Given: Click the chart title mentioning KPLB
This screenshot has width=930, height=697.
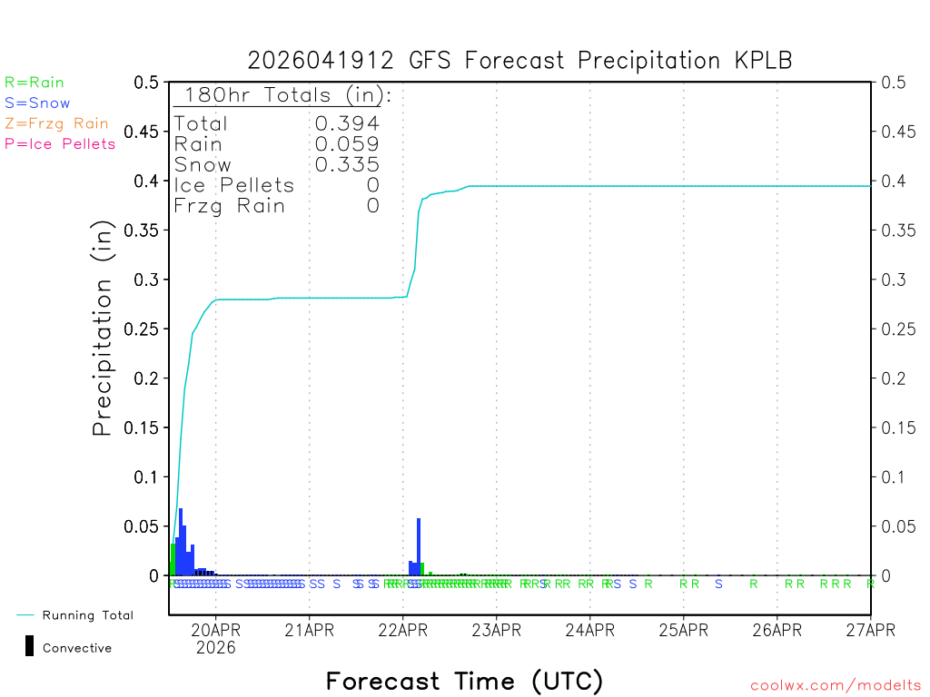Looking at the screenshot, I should (x=519, y=61).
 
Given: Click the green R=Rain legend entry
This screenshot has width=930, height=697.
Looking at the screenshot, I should (x=35, y=83).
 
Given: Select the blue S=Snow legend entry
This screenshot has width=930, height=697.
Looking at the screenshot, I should (x=37, y=103).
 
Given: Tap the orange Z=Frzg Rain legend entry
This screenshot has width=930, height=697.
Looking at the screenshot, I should (x=56, y=123).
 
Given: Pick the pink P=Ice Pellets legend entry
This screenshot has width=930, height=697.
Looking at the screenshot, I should (x=60, y=143).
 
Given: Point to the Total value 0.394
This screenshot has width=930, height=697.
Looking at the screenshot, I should (x=347, y=123).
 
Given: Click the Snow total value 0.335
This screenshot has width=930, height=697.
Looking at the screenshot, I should (x=347, y=164).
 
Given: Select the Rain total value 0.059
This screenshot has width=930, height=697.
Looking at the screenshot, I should (x=347, y=143).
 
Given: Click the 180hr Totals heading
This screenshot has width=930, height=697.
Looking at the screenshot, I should (x=283, y=95).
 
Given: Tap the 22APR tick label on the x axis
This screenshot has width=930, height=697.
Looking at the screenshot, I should (x=402, y=629).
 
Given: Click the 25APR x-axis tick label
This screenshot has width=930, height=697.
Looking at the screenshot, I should (x=683, y=629).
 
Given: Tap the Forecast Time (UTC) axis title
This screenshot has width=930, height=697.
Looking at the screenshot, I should (x=464, y=681).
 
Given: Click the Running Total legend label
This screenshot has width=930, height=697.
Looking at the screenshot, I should (x=87, y=615).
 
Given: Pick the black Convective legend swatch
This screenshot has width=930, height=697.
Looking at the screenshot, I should (x=30, y=646).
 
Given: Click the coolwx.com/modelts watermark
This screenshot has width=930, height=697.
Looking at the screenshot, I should (x=836, y=686).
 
